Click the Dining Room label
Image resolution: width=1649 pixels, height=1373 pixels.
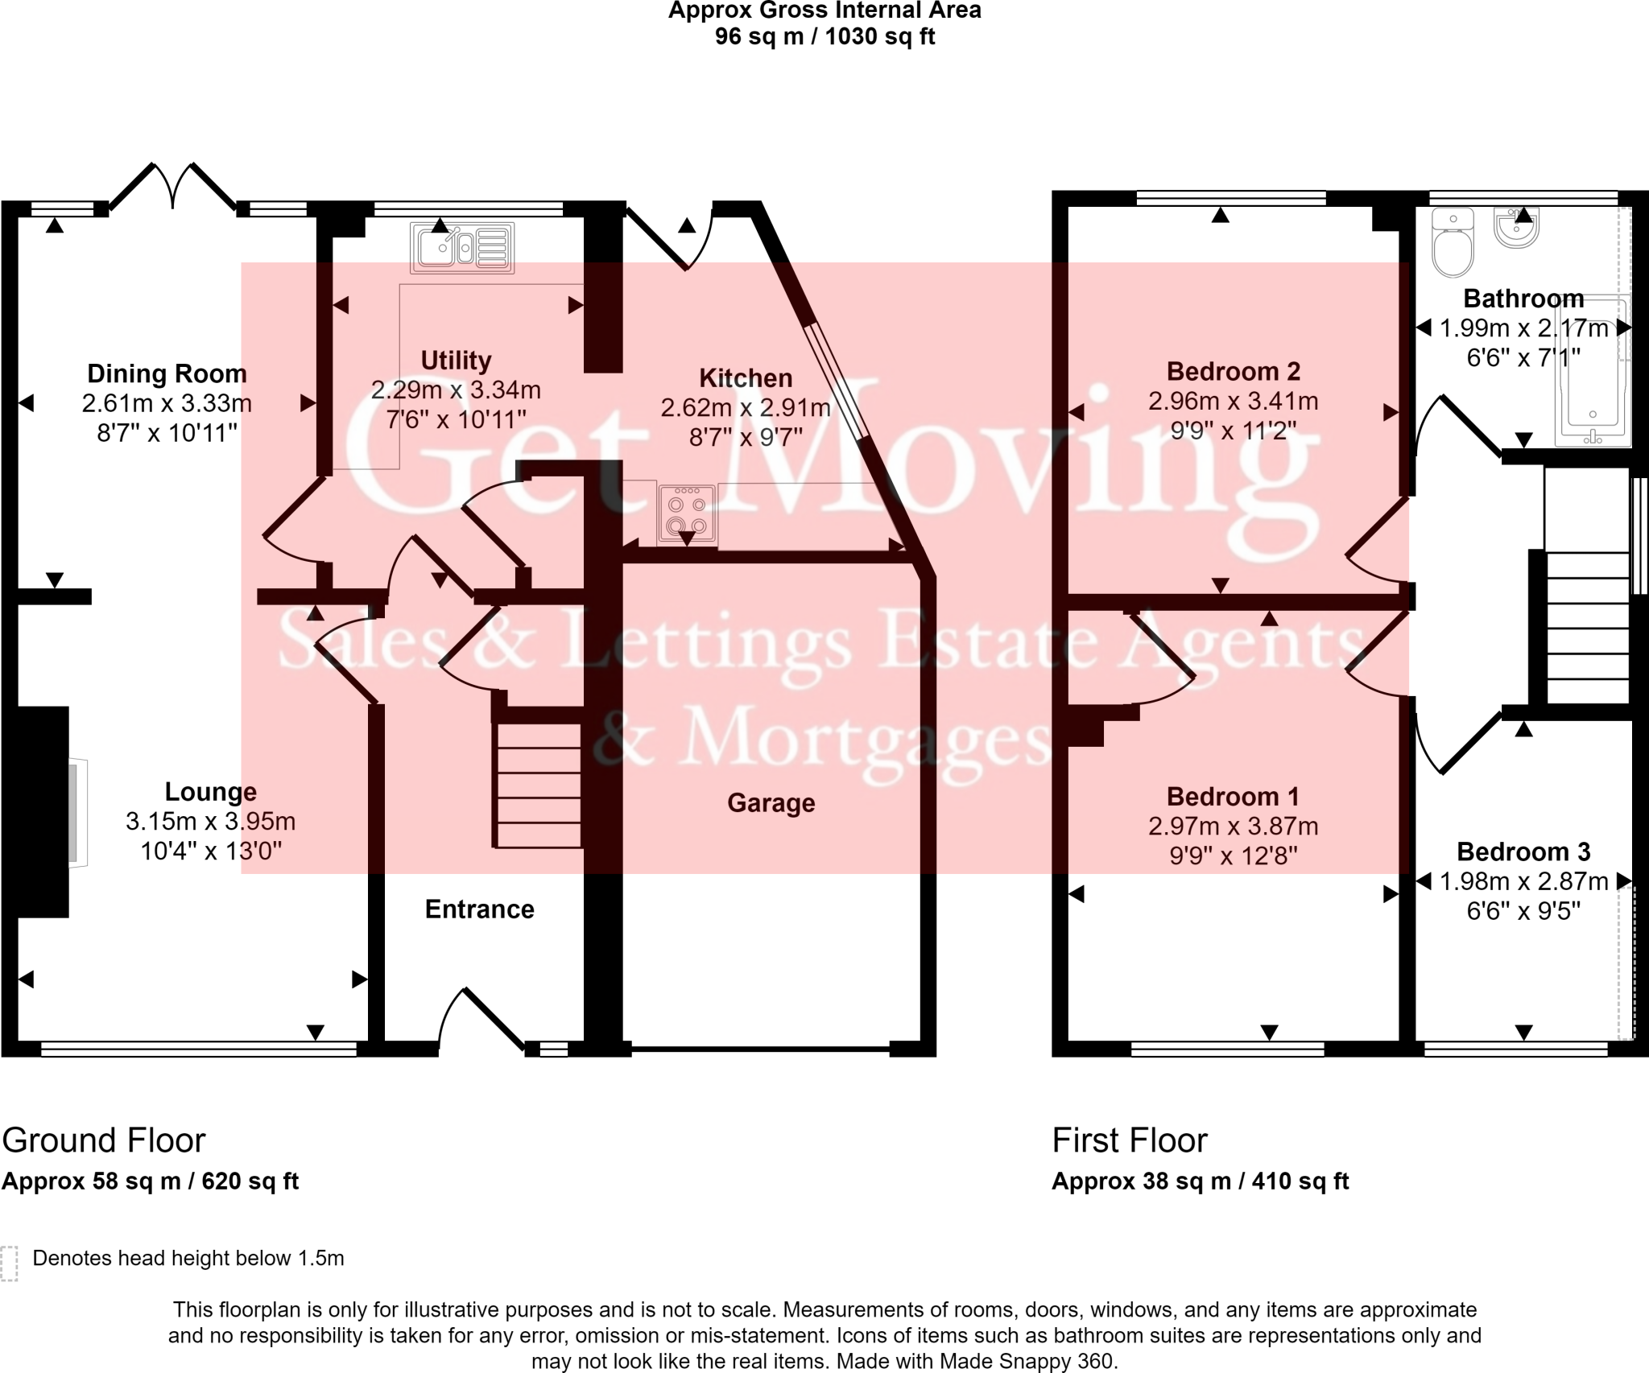point(167,373)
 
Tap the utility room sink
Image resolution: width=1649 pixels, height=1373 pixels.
point(462,247)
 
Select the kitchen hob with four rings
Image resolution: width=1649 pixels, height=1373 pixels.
point(686,513)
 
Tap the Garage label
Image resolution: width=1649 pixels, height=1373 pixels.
point(771,802)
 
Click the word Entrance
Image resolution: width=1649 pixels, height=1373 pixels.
point(479,909)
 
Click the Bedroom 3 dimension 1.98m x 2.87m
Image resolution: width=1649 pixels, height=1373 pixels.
point(1523,881)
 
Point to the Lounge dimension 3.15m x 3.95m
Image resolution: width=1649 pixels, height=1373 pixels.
point(210,822)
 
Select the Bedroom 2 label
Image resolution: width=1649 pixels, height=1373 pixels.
point(1233,371)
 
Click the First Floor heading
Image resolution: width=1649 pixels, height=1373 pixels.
point(1130,1140)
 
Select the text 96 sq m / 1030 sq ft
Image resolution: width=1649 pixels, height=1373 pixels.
point(824,37)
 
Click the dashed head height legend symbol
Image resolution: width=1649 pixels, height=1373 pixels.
point(9,1263)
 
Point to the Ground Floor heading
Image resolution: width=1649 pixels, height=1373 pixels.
point(104,1140)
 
